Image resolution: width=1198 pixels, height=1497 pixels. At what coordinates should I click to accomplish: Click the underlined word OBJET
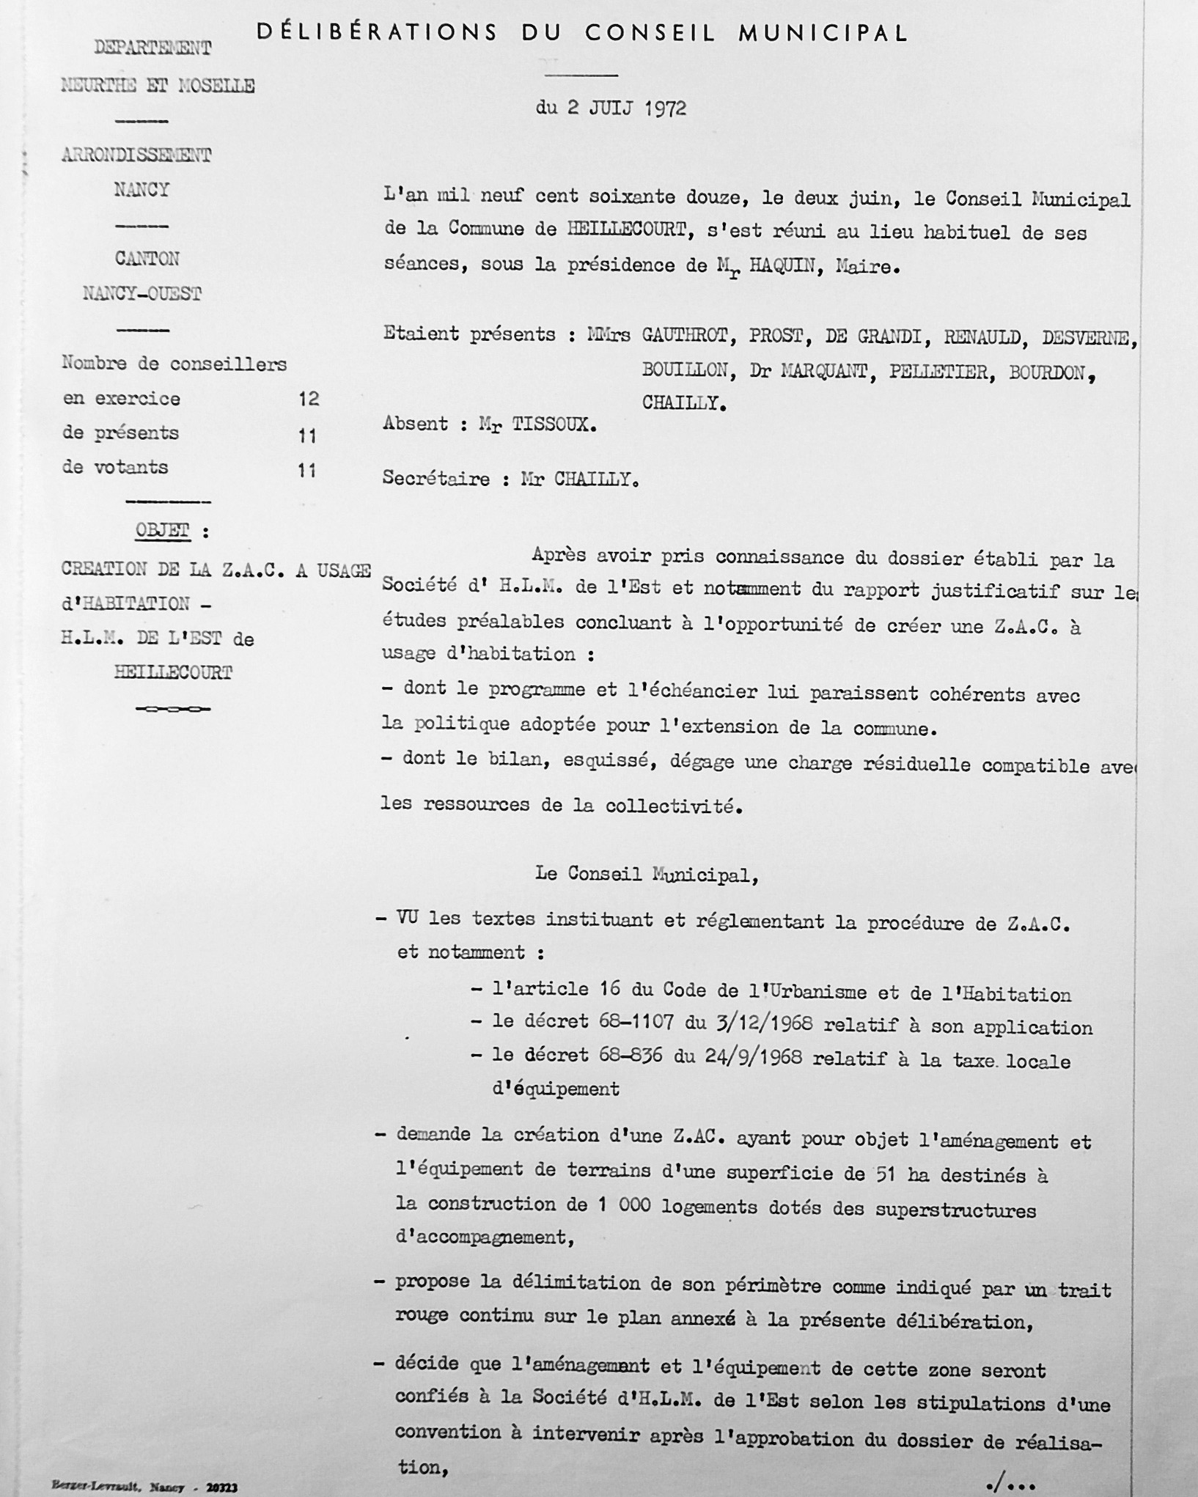click(162, 530)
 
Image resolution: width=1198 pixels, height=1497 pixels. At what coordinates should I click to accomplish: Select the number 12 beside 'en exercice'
click(309, 399)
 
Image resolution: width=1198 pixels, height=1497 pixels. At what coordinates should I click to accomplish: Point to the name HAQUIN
click(784, 266)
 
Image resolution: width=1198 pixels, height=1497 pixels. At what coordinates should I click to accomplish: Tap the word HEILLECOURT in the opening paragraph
click(626, 229)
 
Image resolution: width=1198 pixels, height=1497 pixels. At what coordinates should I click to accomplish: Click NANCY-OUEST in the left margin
click(142, 294)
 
